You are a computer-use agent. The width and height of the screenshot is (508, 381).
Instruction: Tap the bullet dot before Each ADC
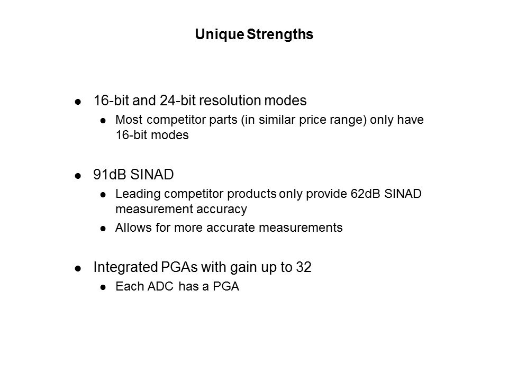coord(103,289)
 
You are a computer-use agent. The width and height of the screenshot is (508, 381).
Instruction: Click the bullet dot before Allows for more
coord(103,229)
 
